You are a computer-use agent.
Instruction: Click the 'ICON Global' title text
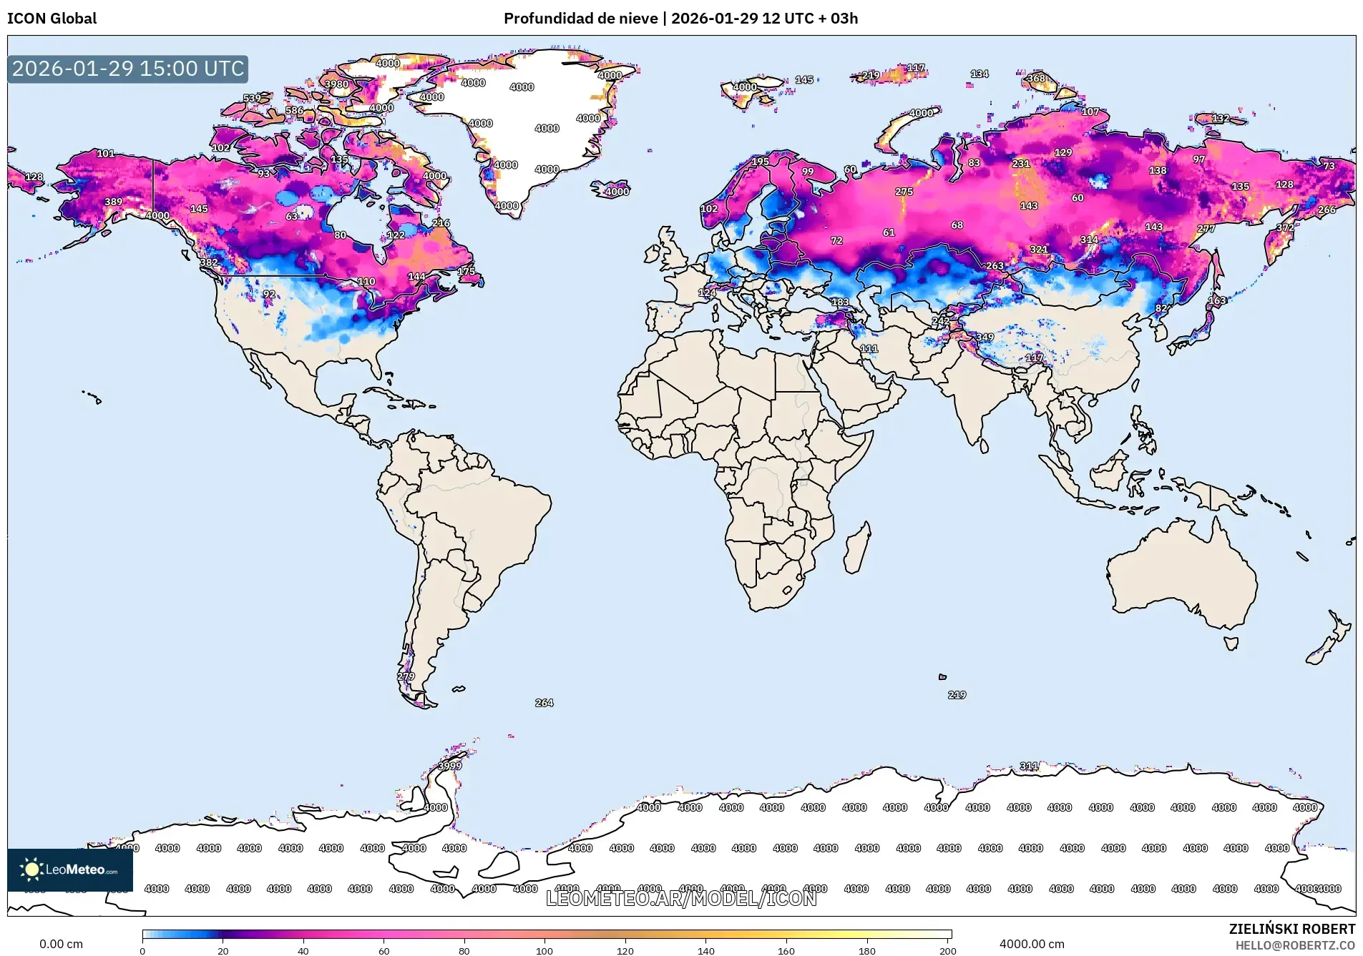pyautogui.click(x=52, y=19)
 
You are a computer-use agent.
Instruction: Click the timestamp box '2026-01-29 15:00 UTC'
pyautogui.click(x=128, y=69)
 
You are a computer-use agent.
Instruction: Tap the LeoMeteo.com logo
pyautogui.click(x=70, y=869)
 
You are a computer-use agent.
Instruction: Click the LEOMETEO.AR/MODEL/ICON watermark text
pyautogui.click(x=680, y=899)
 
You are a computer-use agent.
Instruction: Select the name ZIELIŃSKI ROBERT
pyautogui.click(x=1291, y=929)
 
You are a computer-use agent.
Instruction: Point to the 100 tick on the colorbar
pyautogui.click(x=544, y=950)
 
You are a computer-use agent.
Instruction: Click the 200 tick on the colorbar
pyautogui.click(x=947, y=950)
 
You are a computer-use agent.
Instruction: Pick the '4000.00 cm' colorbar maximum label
pyautogui.click(x=1031, y=944)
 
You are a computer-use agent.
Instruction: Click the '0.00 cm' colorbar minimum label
pyautogui.click(x=61, y=944)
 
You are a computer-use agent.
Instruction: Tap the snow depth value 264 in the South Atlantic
pyautogui.click(x=544, y=703)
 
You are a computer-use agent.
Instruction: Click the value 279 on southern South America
pyautogui.click(x=406, y=676)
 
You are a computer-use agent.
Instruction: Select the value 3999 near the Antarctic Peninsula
pyautogui.click(x=449, y=766)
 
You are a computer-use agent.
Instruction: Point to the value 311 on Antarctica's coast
pyautogui.click(x=1028, y=766)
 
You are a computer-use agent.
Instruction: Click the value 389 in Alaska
pyautogui.click(x=113, y=202)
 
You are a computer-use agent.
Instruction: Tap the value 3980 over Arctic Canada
pyautogui.click(x=336, y=84)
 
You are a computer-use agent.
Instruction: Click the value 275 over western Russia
pyautogui.click(x=904, y=192)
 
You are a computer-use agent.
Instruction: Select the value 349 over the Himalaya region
pyautogui.click(x=985, y=337)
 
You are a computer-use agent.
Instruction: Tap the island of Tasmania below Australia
pyautogui.click(x=1231, y=644)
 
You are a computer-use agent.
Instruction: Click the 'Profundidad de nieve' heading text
pyautogui.click(x=580, y=19)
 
